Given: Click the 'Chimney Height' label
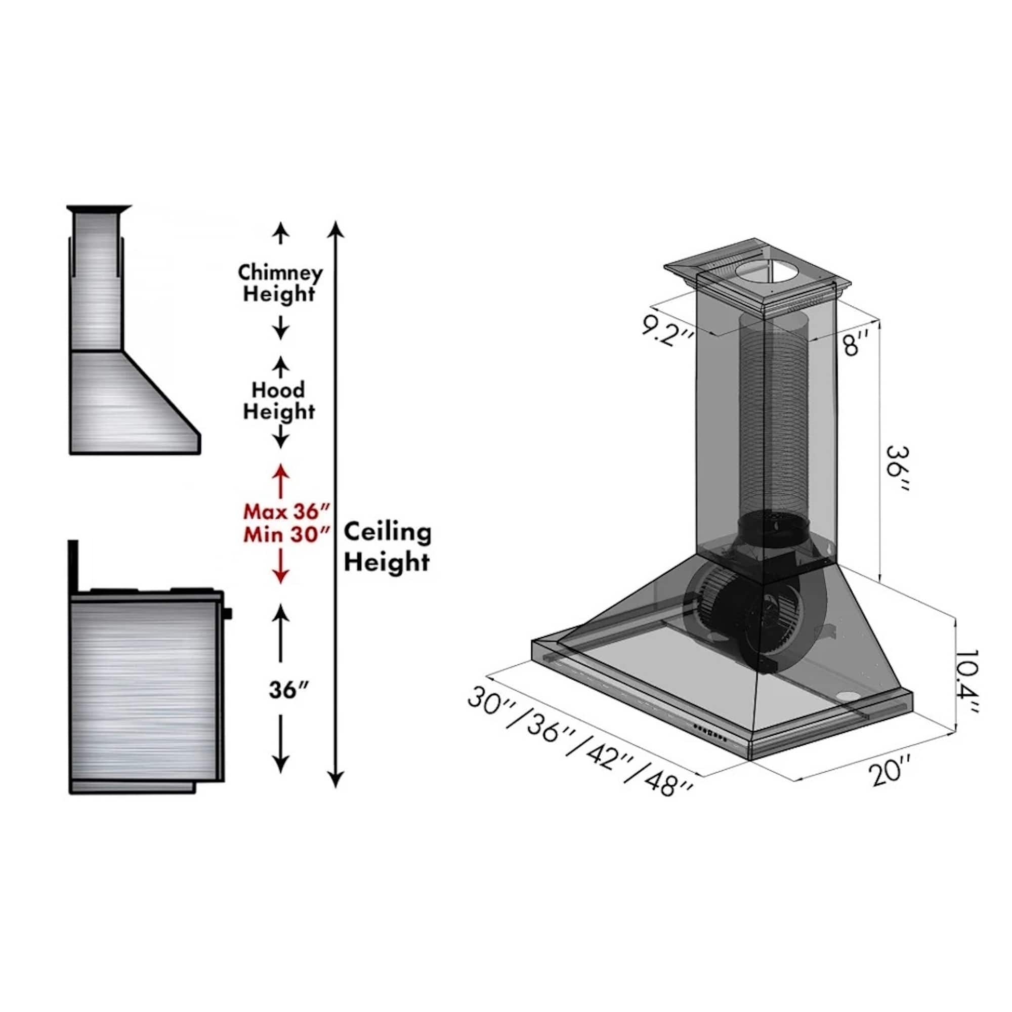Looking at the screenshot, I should (280, 283).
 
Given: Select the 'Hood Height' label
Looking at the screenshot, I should (279, 401).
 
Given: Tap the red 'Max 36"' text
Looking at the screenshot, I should (287, 511).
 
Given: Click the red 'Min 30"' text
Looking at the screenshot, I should (287, 535).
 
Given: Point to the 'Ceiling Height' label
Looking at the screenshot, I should (388, 547).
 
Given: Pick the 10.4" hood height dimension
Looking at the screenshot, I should (965, 681).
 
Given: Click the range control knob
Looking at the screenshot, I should (228, 613).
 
